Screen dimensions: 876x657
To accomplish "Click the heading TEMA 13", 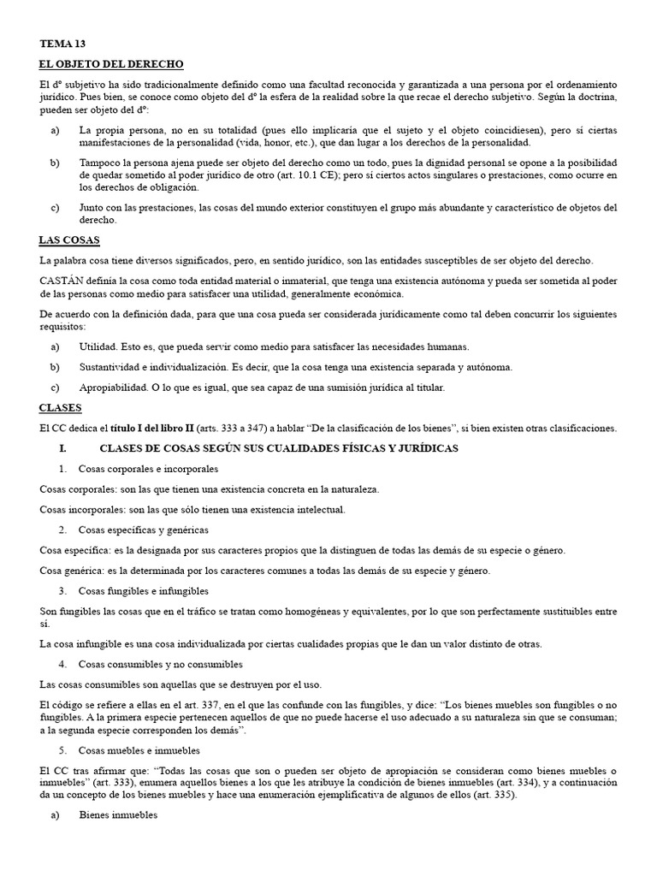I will click(x=62, y=43).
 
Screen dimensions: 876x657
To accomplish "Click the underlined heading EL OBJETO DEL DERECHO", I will click(x=111, y=65).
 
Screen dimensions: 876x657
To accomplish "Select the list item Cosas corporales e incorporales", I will click(x=148, y=469).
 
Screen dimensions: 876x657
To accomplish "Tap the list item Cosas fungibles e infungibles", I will click(x=143, y=590).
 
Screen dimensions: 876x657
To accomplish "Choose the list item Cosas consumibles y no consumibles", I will click(x=160, y=664).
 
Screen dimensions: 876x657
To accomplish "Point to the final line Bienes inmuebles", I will click(x=118, y=816).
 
